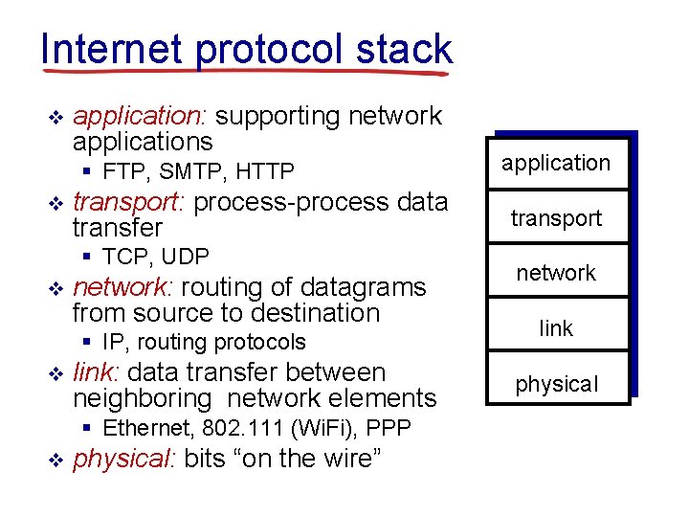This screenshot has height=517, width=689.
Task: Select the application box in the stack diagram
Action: coord(556,163)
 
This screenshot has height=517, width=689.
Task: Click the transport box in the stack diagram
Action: coord(556,218)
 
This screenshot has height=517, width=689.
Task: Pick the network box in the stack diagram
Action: coord(556,273)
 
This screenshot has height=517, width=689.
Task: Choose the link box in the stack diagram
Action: coord(556,328)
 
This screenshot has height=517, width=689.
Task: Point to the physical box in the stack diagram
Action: coord(556,384)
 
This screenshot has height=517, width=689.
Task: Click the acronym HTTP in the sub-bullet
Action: coord(264,172)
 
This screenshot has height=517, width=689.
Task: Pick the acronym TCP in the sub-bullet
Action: coord(126,257)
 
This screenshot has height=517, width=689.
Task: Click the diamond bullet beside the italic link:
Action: coord(54,373)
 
